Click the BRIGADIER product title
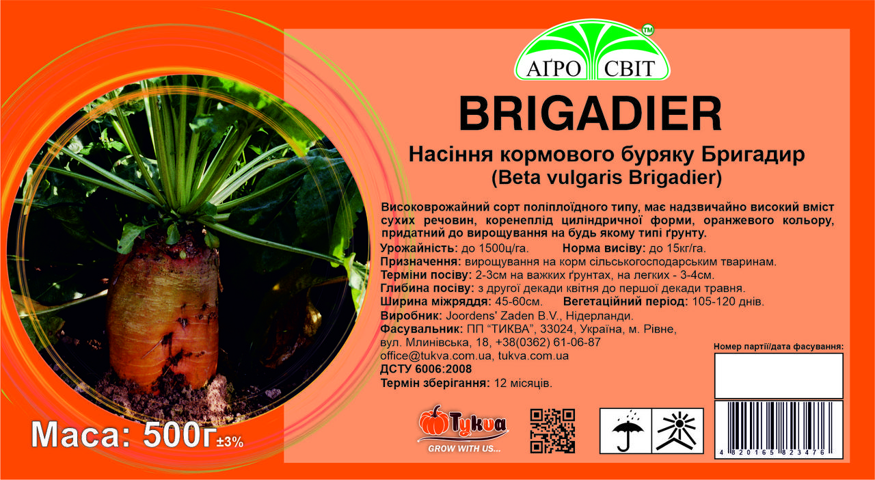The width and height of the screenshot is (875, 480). point(590,114)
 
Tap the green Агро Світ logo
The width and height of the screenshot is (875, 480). point(592,50)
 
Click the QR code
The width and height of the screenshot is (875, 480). point(552,431)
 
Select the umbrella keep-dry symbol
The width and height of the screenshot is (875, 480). point(626,431)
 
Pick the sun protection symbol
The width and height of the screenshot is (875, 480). point(677,431)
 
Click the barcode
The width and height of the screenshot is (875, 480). point(779,429)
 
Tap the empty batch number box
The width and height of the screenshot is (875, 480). point(779,375)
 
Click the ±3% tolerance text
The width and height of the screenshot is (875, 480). point(230,442)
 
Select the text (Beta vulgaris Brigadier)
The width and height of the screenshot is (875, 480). point(606,178)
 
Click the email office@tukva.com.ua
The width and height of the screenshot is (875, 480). point(435,356)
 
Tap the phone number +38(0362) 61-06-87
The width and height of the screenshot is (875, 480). point(548,343)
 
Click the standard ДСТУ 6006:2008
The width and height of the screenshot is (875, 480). point(426,369)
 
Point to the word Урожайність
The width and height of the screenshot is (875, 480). point(419,249)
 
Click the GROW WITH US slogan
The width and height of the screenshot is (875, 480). point(464,449)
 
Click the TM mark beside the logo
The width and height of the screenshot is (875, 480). point(648,31)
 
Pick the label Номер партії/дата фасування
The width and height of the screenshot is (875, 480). point(779,347)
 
